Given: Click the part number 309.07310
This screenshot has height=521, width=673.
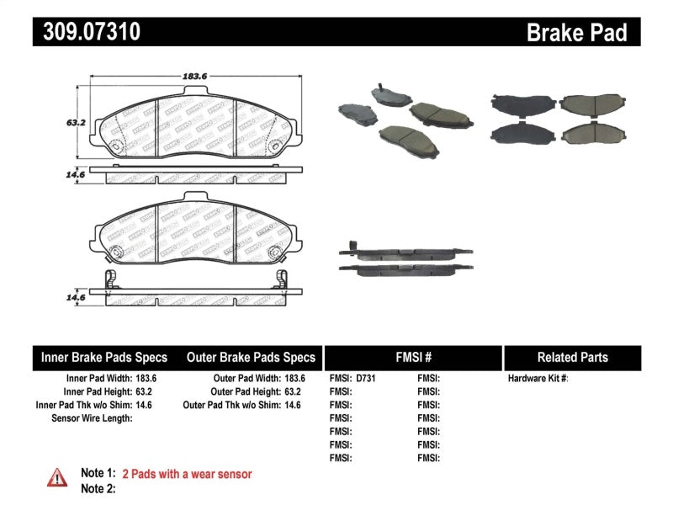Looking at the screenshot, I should coord(87,32).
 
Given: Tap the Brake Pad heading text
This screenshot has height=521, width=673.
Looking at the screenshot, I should coord(576,33).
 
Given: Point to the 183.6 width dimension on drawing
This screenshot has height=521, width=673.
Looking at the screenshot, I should coord(196,77).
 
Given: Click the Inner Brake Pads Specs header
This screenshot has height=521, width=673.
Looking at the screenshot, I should coord(104,358).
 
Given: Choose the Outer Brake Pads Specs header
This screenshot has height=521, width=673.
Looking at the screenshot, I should coord(251,358).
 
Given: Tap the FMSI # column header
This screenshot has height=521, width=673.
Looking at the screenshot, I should coord(412,358).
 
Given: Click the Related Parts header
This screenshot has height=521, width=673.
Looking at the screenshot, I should coord(572,358).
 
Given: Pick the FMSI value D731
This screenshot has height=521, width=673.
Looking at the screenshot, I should coord(366,379).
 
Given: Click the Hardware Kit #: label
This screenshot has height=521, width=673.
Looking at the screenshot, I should coord(538,379).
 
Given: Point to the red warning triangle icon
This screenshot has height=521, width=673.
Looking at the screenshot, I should coord(56,477).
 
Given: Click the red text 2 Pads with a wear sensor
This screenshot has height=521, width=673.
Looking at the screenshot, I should coord(187,475).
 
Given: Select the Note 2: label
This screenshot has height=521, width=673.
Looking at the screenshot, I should coord(98,489).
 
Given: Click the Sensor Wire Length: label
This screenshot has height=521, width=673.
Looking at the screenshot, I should coord(91,418).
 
